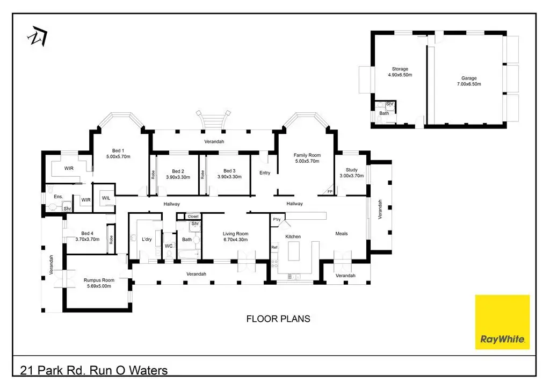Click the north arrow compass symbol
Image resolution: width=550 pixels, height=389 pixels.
coord(37,36)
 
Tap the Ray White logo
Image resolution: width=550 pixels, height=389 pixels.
coord(502,322)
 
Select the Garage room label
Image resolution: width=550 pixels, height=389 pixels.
coord(469,81)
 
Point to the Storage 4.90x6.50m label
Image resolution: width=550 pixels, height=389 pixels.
coord(400,72)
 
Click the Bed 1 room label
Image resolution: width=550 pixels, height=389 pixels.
coord(118,154)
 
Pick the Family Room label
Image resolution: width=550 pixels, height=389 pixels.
coord(307,158)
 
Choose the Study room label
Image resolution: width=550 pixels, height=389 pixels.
coord(351,172)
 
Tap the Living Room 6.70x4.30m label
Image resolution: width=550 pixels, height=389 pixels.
coord(235,237)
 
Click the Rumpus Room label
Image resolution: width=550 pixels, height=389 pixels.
coord(99,283)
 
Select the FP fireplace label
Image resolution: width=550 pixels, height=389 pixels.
coord(330,191)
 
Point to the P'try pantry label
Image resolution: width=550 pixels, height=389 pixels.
coord(277,220)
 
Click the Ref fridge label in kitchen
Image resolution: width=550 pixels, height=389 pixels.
coord(274,247)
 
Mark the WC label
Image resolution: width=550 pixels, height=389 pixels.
coord(169,246)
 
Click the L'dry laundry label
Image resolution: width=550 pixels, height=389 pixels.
coord(147,239)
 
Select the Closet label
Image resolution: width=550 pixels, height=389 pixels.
coord(193,217)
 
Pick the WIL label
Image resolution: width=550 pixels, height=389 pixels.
coord(106,198)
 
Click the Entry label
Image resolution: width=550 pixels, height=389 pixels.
coord(265,172)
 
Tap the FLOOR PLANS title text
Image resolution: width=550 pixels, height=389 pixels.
coord(278,319)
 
